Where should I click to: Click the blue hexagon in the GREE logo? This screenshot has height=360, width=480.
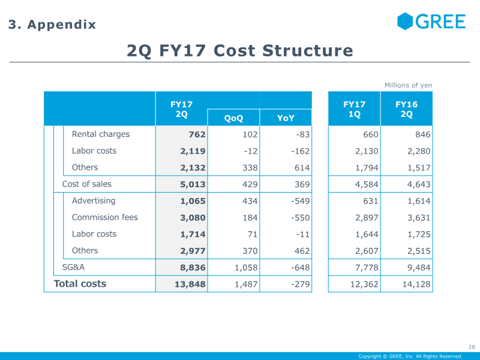(405, 21)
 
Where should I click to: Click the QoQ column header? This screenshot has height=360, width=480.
(233, 118)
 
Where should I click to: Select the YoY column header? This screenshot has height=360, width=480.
(286, 118)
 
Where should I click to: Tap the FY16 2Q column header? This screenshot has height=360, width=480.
(407, 109)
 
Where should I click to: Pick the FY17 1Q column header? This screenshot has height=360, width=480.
(355, 109)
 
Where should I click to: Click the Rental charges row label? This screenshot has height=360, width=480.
(101, 134)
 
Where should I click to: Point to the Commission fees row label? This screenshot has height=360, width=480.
(104, 217)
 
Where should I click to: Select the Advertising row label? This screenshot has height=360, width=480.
(94, 201)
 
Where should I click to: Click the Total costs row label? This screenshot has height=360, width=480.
(80, 284)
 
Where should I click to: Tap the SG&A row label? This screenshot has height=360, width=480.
(73, 267)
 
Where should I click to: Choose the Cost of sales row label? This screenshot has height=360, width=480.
(86, 184)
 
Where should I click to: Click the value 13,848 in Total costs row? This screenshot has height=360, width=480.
(190, 284)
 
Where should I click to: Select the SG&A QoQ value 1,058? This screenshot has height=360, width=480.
(246, 268)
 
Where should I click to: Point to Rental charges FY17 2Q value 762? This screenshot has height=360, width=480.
(197, 134)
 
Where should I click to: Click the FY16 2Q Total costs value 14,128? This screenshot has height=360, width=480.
(416, 284)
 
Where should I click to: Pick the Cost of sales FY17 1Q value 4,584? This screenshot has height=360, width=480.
(367, 185)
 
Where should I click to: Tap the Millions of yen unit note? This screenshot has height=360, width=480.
(409, 85)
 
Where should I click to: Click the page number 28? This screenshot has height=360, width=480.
(472, 347)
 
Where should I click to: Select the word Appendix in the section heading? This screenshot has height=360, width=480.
(62, 25)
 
